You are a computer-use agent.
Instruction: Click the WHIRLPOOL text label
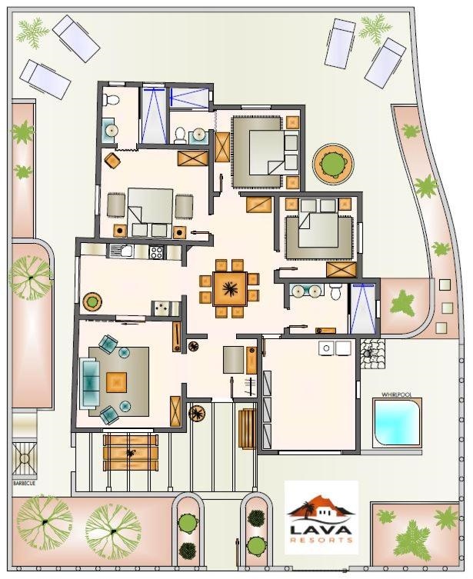[x=396, y=394]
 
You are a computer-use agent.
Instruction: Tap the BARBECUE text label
[x=25, y=483]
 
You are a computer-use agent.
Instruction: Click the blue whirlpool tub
[x=396, y=422]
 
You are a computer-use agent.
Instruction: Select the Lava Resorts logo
[x=321, y=517]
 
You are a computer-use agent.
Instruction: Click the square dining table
[x=230, y=288]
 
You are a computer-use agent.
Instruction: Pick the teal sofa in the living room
[x=89, y=383]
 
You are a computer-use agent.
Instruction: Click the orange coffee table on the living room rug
[x=116, y=382]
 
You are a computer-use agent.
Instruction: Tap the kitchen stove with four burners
[x=156, y=252]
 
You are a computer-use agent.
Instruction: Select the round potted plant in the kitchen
[x=92, y=301]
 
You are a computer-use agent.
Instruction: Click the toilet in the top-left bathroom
[x=111, y=100]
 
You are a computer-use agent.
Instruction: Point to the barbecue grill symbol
[x=25, y=458]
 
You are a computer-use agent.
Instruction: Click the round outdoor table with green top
[x=333, y=162]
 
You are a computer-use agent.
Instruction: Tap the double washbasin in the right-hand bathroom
[x=306, y=291]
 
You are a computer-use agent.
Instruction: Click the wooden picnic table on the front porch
[x=130, y=452]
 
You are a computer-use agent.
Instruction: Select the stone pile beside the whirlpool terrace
[x=373, y=354]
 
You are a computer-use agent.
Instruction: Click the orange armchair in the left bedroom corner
[x=112, y=160]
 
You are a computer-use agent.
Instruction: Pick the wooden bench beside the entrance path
[x=247, y=428]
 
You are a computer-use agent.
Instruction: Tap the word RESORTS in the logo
[x=321, y=540]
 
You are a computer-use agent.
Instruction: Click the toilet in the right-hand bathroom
[x=335, y=291]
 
